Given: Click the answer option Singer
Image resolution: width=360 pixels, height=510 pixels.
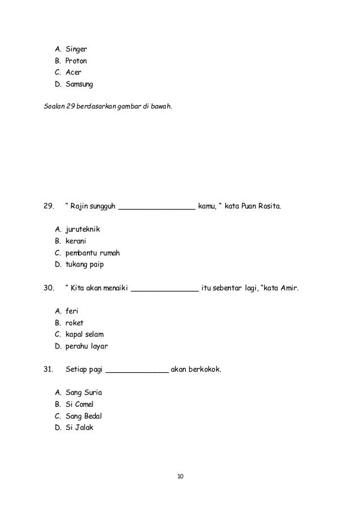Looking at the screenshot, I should pos(76,49).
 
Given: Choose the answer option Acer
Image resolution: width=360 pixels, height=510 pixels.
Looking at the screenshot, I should pos(73,73).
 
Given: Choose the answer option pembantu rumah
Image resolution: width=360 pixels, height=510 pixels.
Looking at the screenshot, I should pos(93,253).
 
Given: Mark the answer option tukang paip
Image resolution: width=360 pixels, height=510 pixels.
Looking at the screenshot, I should pos(85,264).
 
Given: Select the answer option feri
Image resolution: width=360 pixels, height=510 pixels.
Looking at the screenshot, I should pos(72,311).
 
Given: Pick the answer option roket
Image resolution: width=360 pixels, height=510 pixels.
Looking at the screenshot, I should pos(74,322).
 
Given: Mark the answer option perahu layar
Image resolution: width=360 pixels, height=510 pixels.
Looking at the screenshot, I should pos(86,346).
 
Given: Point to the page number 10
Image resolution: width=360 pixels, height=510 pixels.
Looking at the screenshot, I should pos(180,477).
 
